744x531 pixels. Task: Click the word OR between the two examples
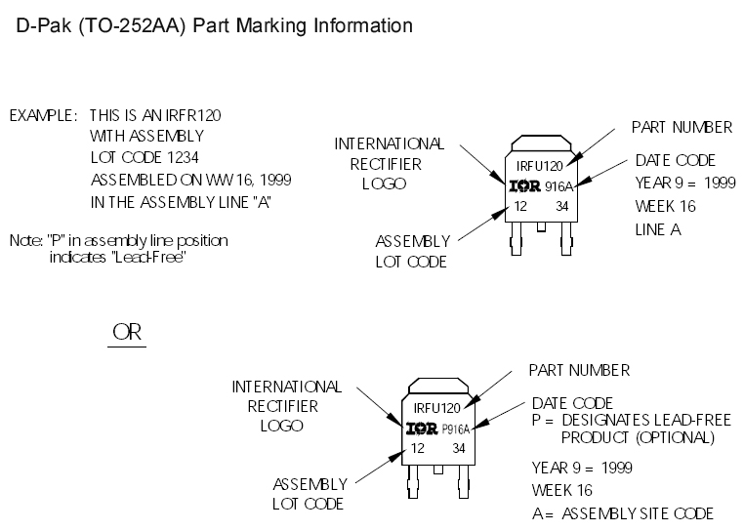127,332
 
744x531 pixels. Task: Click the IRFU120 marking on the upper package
540,165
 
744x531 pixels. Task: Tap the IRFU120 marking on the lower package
435,408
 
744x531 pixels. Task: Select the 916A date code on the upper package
559,185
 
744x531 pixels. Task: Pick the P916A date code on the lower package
456,429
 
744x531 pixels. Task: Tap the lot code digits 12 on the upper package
520,206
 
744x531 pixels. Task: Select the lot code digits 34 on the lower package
459,448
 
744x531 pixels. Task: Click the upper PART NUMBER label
682,127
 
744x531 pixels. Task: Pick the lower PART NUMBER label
579,370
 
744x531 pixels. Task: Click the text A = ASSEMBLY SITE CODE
622,513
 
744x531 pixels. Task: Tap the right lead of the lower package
458,481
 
